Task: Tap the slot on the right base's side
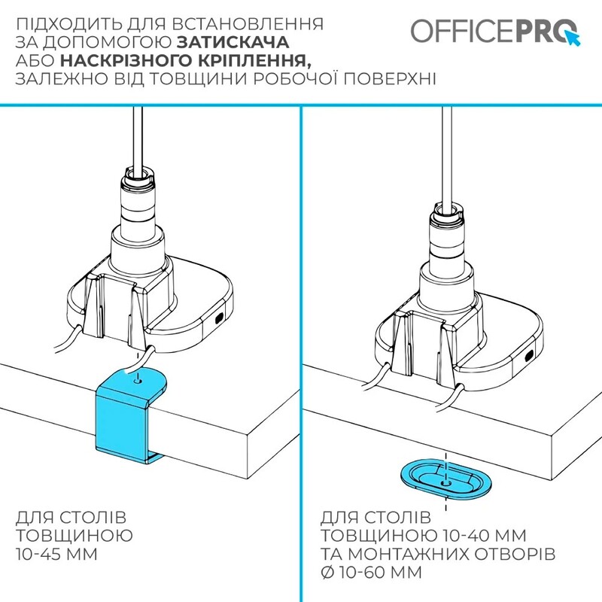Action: [531, 354]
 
